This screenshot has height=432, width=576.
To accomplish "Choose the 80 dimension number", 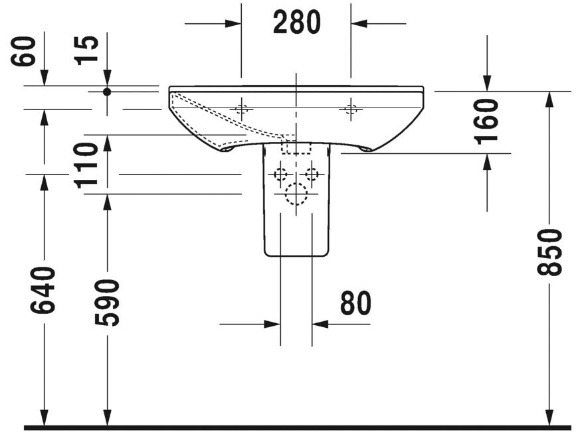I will coord(355,304).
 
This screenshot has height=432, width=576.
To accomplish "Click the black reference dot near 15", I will coord(107,92).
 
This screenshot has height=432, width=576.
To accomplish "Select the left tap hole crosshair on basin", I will coord(242,109).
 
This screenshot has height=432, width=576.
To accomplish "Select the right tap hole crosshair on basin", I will coord(349,109).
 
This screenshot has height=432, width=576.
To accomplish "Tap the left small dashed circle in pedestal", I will coord(281,175).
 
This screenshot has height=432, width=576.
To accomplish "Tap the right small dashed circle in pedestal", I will coord(311,175).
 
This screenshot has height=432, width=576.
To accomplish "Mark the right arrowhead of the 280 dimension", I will coord(359,24).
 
